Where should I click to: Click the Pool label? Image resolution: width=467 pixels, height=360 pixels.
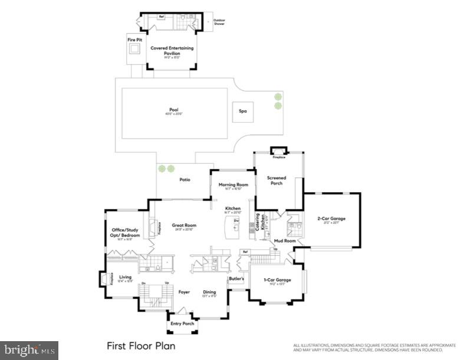click(173, 110)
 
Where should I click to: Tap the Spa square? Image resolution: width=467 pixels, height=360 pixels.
click(242, 111)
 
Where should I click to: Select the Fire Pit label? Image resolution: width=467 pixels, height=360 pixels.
click(135, 40)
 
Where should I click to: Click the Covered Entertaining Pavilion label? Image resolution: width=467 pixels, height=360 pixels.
click(172, 51)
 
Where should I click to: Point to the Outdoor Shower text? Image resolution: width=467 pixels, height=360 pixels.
click(219, 22)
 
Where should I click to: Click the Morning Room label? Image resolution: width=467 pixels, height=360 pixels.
click(233, 184)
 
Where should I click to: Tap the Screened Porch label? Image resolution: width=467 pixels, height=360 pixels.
click(276, 180)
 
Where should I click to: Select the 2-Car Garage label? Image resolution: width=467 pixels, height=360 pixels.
click(331, 219)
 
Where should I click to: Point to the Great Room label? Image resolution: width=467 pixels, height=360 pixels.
click(184, 225)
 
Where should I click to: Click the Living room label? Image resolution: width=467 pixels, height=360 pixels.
click(125, 277)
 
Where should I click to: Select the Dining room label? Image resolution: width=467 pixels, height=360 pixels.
click(209, 291)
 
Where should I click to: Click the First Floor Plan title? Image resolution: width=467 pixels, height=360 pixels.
click(140, 346)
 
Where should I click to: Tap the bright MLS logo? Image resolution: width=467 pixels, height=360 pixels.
click(29, 351)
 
